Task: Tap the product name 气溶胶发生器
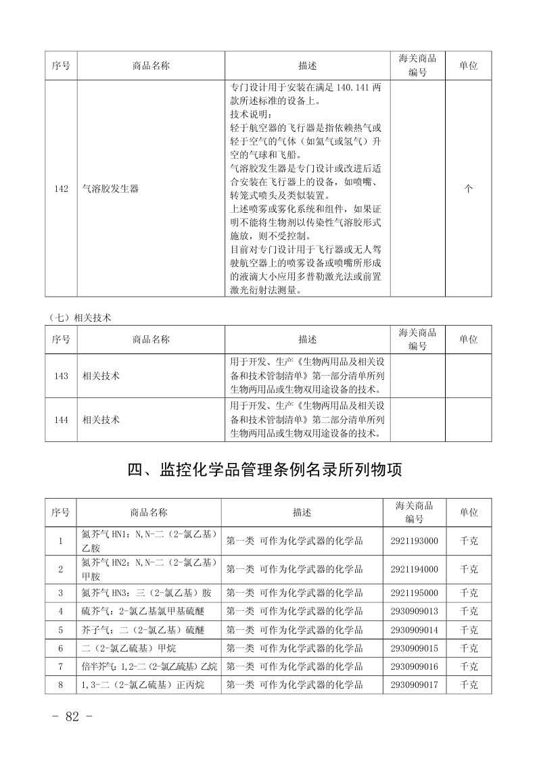tap(110, 189)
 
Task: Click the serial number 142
tap(61, 189)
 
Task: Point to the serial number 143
tap(61, 376)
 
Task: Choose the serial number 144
tap(61, 420)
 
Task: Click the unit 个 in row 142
tap(468, 189)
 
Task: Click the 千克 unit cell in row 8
tap(468, 685)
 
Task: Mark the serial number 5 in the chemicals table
tap(61, 630)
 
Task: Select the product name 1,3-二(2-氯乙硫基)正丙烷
tap(142, 685)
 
